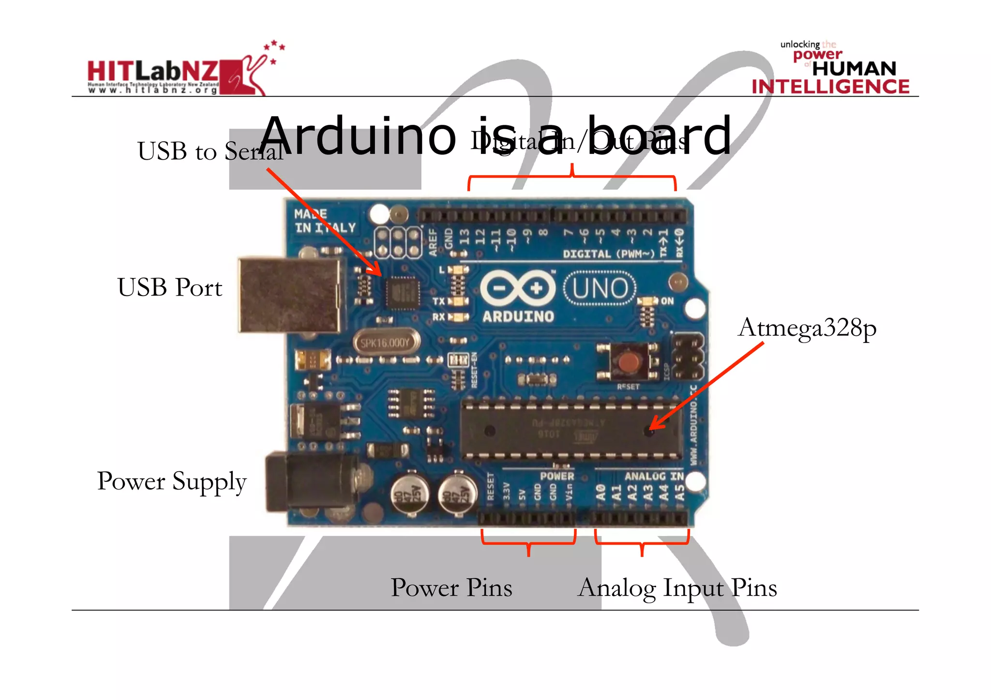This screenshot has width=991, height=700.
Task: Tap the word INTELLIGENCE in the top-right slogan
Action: click(x=830, y=87)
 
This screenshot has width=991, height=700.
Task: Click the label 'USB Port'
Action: click(x=170, y=287)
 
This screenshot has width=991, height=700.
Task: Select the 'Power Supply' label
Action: click(x=172, y=481)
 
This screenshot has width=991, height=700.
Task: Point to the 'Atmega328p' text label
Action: click(x=807, y=328)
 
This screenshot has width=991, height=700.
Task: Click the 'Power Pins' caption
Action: click(x=451, y=588)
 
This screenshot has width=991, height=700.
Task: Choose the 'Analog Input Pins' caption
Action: click(x=677, y=588)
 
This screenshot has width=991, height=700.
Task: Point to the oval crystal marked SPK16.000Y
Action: click(x=386, y=343)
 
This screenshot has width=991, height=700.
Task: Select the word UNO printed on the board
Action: click(x=600, y=289)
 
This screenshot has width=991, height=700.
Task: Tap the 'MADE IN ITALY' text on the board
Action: click(x=324, y=221)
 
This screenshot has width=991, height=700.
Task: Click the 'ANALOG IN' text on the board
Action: click(x=653, y=477)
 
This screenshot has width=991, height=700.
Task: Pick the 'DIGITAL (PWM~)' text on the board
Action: click(x=608, y=254)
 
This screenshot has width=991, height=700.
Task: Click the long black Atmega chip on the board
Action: click(x=571, y=429)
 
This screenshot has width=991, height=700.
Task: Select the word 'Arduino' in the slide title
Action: click(x=358, y=136)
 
